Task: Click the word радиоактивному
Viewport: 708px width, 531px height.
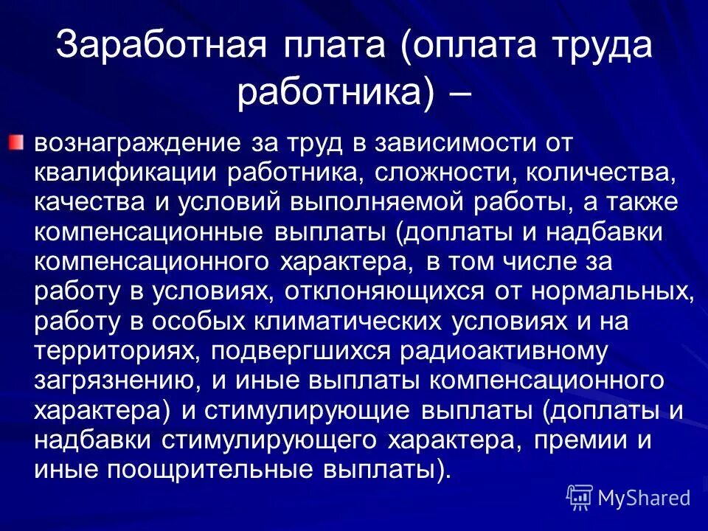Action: click(x=504, y=352)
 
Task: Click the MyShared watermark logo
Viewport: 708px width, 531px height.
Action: click(x=629, y=498)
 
